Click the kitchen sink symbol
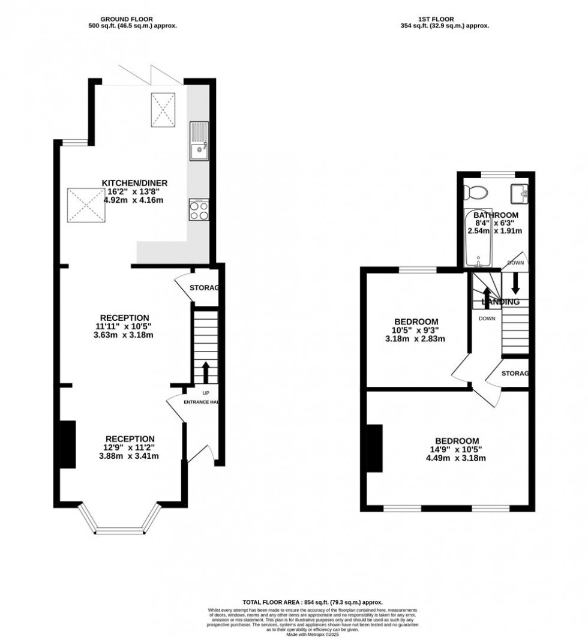(199, 141)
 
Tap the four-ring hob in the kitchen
(199, 209)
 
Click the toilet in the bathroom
(478, 193)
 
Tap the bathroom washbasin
(518, 193)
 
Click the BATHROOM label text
(496, 215)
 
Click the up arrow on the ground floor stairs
(205, 371)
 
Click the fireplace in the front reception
(68, 444)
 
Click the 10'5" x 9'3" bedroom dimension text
(415, 330)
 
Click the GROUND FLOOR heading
(132, 18)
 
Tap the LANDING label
(496, 302)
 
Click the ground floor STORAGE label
(205, 289)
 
